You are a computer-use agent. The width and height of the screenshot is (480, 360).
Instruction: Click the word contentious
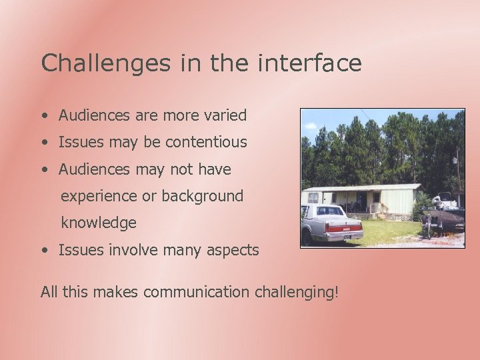(206, 142)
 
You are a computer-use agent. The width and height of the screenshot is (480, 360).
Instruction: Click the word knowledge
(99, 223)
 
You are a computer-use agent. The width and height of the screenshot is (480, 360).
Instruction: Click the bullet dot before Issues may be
(43, 143)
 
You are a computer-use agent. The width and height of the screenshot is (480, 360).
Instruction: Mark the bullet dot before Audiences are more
(43, 116)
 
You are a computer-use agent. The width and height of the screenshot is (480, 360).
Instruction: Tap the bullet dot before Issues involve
(43, 251)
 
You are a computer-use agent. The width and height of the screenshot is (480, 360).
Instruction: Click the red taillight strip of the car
(344, 227)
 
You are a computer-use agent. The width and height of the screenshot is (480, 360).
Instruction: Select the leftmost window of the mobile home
(313, 198)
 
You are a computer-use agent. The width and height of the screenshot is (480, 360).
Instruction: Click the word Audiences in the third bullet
(94, 169)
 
